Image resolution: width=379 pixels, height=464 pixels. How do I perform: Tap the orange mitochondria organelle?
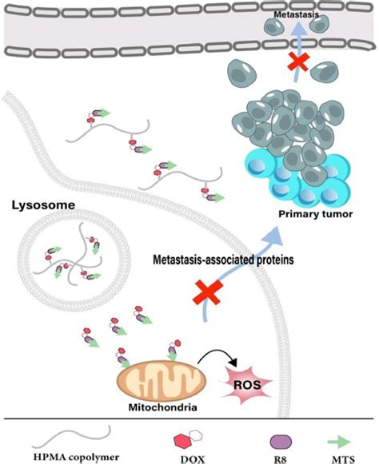[x=157, y=375]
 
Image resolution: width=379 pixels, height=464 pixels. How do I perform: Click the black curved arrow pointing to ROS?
[x=215, y=355]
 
